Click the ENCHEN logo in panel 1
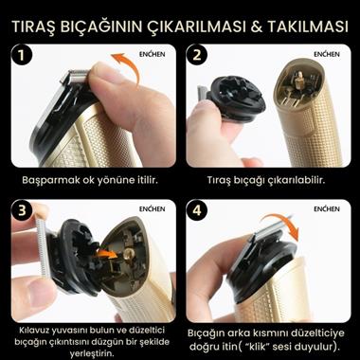(x=150, y=53)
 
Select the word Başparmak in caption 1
(x=50, y=178)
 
